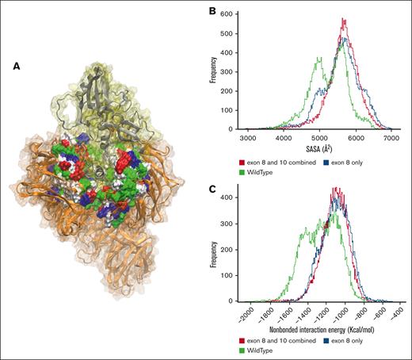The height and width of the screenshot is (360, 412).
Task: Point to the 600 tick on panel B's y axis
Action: [x=233, y=14]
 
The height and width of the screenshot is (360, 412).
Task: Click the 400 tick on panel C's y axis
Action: [x=233, y=195]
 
